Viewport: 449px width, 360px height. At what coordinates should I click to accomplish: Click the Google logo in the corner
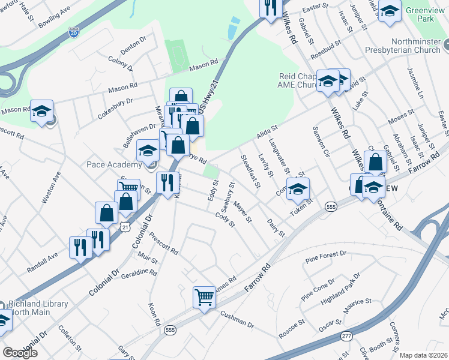(20, 352)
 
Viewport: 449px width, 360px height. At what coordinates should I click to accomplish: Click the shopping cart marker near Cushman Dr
(205, 296)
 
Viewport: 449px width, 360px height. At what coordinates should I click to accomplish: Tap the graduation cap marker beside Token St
(298, 190)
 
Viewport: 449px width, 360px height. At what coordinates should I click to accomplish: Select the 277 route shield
(346, 337)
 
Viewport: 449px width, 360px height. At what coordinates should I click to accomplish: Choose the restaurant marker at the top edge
(270, 7)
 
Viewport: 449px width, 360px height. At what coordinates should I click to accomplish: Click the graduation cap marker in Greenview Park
(390, 12)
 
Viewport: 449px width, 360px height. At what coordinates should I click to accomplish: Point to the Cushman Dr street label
(237, 319)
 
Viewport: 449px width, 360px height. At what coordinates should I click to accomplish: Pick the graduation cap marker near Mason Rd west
(42, 111)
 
